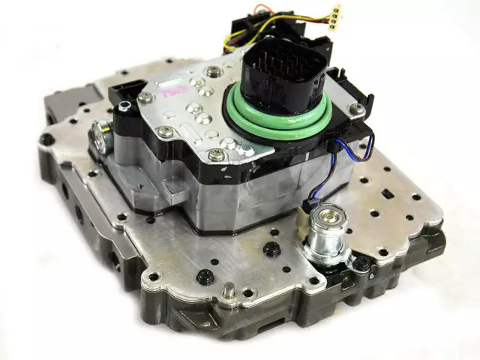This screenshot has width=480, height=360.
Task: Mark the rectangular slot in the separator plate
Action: pyautogui.click(x=388, y=193)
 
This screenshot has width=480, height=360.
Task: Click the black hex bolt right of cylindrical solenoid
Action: pyautogui.click(x=361, y=263)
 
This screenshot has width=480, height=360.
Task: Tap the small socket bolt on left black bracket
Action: pyautogui.click(x=124, y=106)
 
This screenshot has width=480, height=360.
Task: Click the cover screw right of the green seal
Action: pyautogui.click(x=356, y=109)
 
